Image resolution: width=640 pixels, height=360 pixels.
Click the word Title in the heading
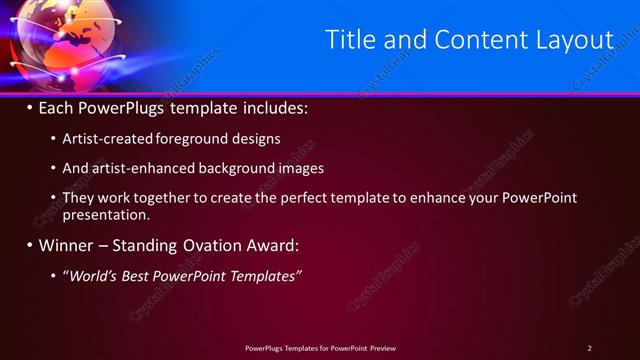pos(353,40)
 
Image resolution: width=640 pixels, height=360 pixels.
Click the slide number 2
pos(589,348)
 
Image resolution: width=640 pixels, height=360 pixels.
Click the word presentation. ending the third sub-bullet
pos(106,214)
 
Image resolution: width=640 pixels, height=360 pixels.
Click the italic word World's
pos(93,275)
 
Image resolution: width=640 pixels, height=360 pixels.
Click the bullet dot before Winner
pos(29,245)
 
